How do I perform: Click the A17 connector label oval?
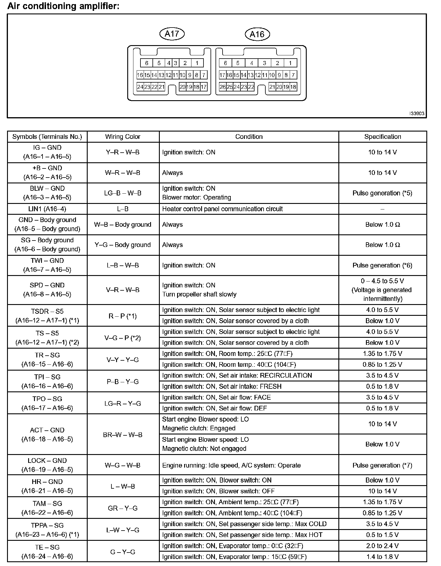(x=172, y=34)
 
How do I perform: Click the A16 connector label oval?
(x=257, y=34)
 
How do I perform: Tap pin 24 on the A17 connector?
(x=140, y=87)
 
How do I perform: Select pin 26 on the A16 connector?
(x=223, y=87)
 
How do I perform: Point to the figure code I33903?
(x=417, y=114)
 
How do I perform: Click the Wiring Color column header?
(x=123, y=137)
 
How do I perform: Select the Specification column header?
(x=382, y=137)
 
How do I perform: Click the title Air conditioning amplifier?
(x=63, y=6)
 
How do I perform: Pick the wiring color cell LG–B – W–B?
(x=123, y=193)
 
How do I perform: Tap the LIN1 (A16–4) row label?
(x=47, y=209)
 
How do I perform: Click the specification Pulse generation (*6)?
(x=382, y=265)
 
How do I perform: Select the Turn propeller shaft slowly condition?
(x=199, y=294)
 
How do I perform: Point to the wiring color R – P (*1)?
(x=123, y=316)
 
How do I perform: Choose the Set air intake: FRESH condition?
(x=222, y=386)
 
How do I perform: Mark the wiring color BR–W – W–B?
(x=123, y=435)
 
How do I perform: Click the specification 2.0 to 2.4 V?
(x=382, y=546)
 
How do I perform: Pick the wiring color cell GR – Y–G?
(x=123, y=508)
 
